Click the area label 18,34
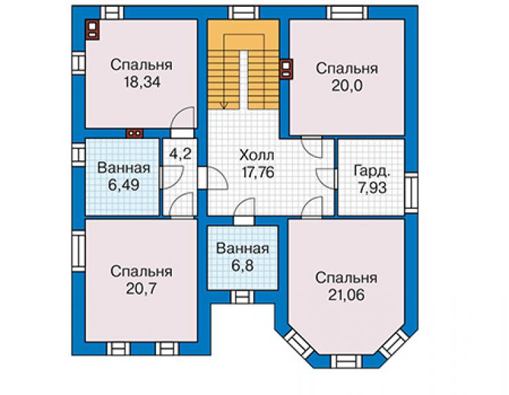[x=142, y=82]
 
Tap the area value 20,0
[x=347, y=86]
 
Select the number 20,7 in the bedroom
[x=142, y=289]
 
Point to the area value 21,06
[x=346, y=295]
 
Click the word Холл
[x=257, y=155]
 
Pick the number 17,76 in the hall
[x=258, y=172]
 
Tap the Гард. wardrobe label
[x=372, y=171]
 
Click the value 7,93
[x=372, y=188]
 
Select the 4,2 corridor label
[x=180, y=153]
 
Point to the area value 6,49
[x=124, y=185]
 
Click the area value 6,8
[x=243, y=266]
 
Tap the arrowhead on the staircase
[x=224, y=104]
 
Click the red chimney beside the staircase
[x=286, y=69]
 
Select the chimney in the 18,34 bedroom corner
[x=92, y=30]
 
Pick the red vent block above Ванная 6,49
[x=135, y=133]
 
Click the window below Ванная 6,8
[x=242, y=297]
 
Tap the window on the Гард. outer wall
[x=411, y=192]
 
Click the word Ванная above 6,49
[x=124, y=168]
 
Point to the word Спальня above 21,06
[x=346, y=278]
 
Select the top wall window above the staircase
[x=243, y=13]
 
